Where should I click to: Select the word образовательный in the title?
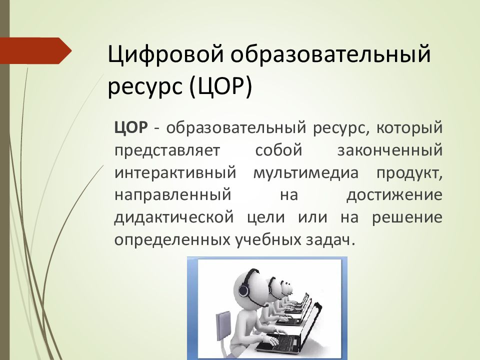330,54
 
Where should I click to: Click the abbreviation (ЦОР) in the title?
221,86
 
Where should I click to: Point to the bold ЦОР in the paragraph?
131,127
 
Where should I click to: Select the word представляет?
167,151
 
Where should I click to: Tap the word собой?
278,150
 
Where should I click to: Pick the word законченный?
390,150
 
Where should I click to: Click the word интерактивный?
175,173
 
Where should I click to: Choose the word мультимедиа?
306,173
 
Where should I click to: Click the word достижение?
394,195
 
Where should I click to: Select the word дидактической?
174,217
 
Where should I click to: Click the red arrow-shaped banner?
36,51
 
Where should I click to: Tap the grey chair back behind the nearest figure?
223,325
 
